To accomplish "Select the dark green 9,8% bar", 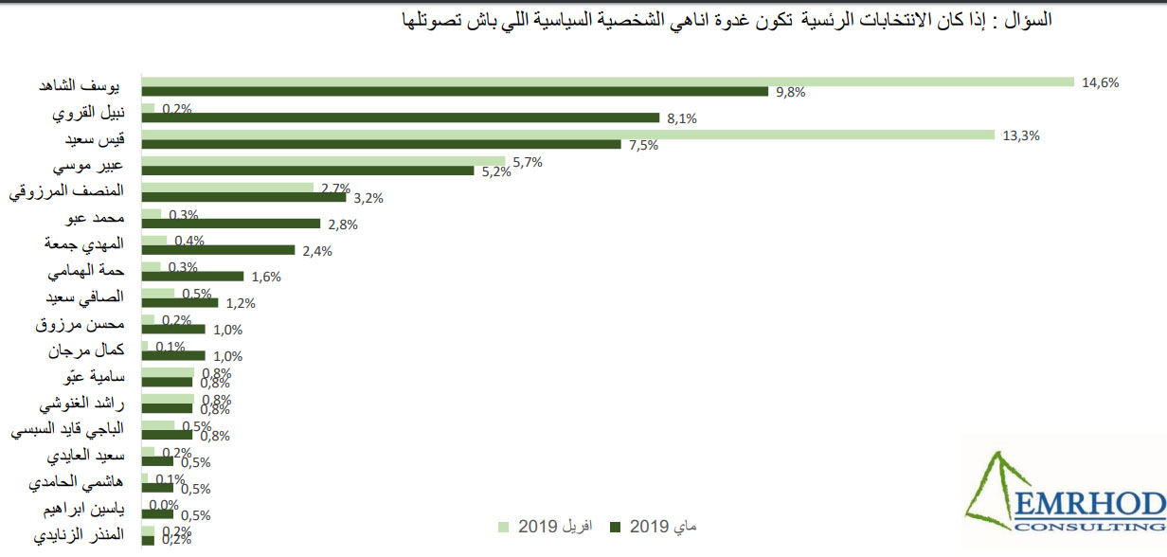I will click(455, 92).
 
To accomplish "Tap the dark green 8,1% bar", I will click(401, 118).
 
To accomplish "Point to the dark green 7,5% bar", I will click(381, 145).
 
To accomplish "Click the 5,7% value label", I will click(526, 161).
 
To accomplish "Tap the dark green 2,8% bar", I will click(231, 224).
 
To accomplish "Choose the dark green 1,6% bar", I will click(192, 277).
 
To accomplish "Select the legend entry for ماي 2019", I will click(655, 526).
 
